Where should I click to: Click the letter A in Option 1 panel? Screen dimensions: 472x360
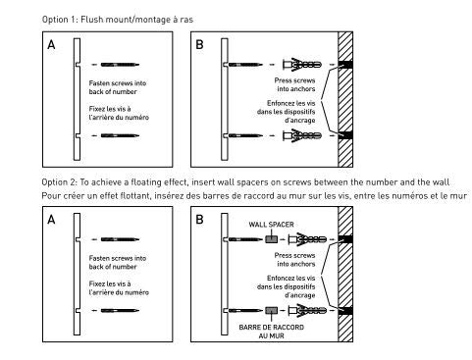tap(51, 44)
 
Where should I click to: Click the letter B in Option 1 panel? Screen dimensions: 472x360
tap(199, 44)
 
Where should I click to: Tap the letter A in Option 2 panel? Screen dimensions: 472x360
tap(51, 220)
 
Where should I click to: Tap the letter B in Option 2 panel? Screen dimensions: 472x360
tap(199, 220)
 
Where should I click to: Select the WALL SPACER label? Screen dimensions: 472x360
tap(271, 225)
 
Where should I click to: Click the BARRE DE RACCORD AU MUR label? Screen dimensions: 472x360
tap(271, 332)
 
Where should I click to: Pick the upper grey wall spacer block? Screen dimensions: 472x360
tap(271, 239)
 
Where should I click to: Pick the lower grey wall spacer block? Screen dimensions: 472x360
tap(271, 310)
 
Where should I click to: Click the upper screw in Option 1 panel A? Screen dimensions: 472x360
tap(120, 65)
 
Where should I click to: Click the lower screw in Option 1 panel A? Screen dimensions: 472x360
tap(120, 135)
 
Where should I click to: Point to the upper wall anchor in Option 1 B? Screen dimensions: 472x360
tap(302, 65)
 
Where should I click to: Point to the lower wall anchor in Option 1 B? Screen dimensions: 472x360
tap(302, 135)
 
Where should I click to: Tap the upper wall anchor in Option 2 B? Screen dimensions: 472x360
tap(307, 239)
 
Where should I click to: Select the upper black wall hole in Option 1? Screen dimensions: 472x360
tap(345, 65)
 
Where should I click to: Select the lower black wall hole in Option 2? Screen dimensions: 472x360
tap(345, 310)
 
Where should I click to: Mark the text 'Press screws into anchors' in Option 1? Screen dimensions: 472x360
tap(295, 84)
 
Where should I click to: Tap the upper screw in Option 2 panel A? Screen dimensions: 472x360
tap(120, 239)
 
